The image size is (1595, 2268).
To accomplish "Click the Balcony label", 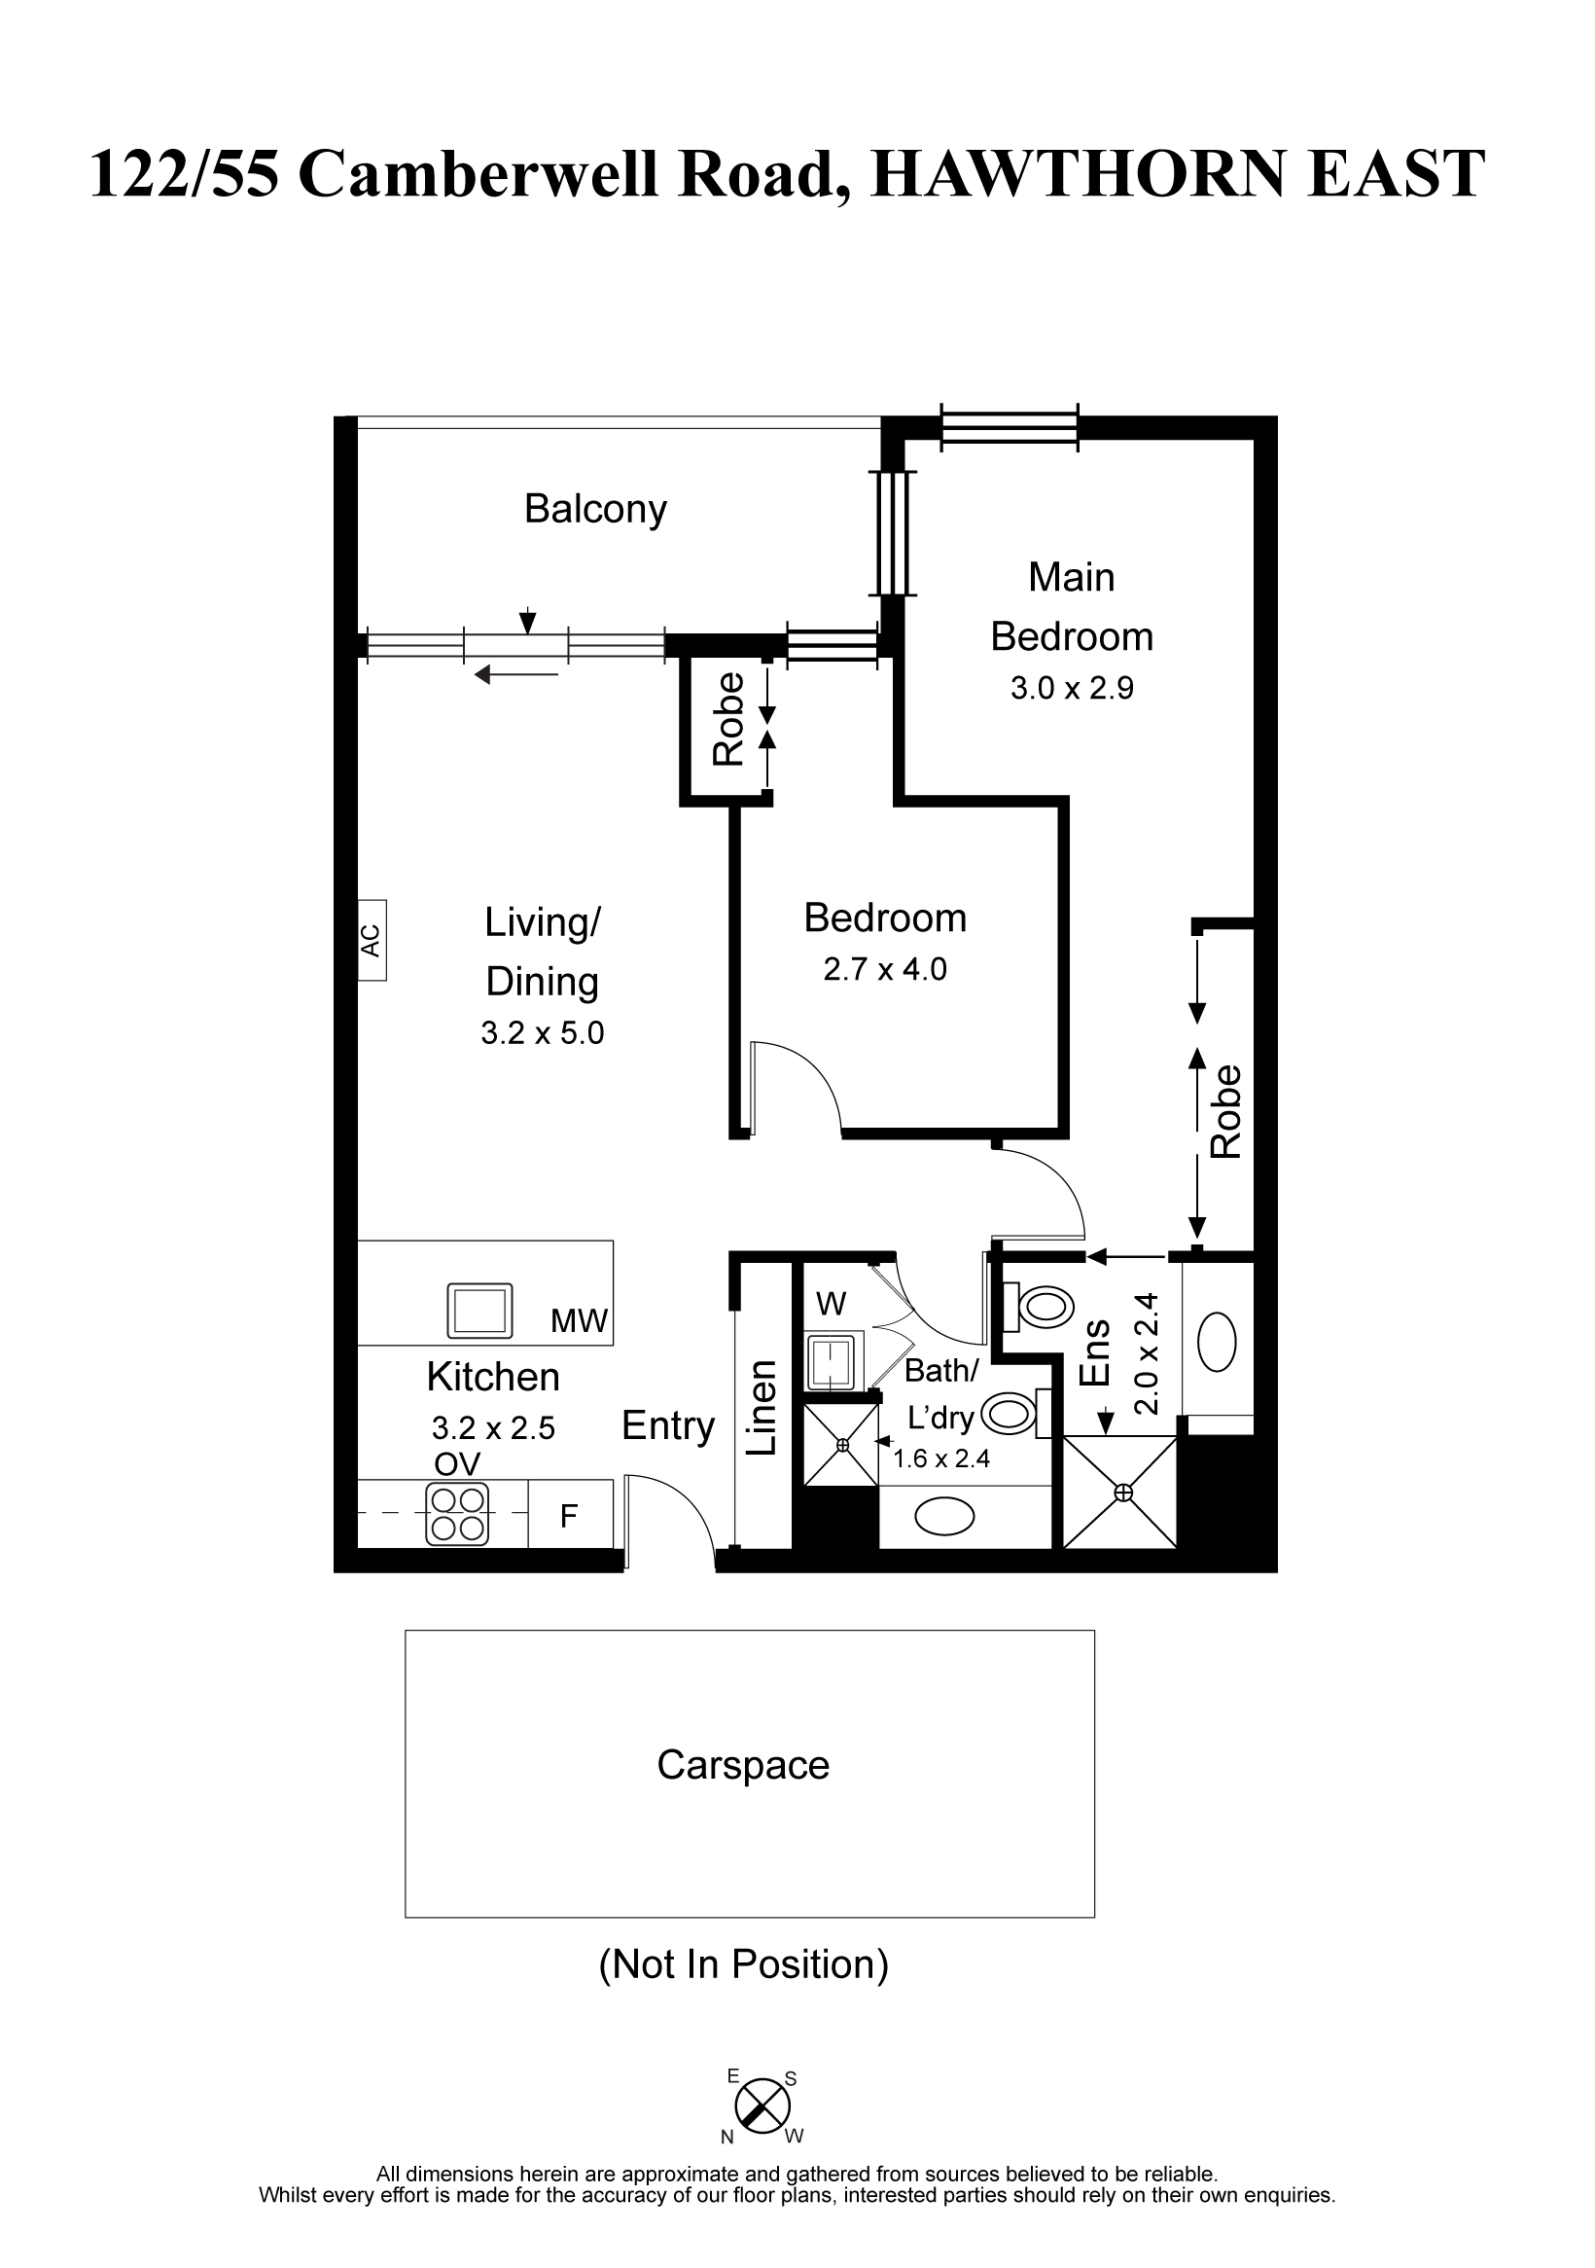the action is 595,510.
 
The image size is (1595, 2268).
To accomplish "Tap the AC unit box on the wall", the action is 372,939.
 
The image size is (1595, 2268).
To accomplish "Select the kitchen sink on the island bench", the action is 480,1310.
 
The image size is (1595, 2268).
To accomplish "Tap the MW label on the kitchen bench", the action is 579,1320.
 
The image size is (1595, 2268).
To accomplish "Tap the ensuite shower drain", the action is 1123,1493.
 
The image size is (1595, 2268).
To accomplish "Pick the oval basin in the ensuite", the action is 1217,1342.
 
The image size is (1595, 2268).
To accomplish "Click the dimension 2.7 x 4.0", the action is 885,969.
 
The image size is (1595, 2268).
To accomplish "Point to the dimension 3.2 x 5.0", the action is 542,1033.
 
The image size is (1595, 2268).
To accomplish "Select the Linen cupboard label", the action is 762,1408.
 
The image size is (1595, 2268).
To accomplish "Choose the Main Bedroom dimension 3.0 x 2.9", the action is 1072,689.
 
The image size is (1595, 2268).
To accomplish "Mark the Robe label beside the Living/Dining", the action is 728,719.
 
